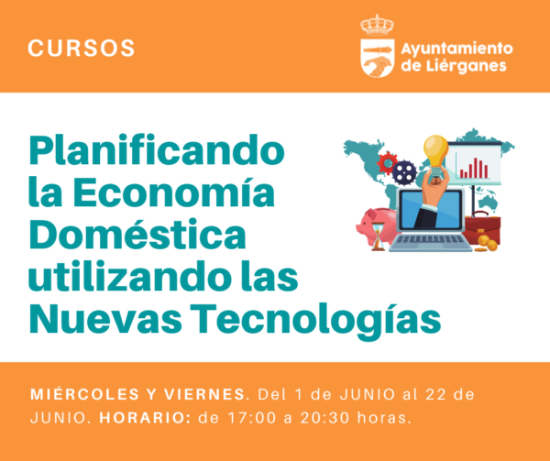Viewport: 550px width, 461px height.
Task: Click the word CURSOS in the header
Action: click(x=81, y=48)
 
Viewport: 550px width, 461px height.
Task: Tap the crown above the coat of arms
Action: click(x=377, y=26)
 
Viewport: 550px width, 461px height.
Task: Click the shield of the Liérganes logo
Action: click(x=378, y=58)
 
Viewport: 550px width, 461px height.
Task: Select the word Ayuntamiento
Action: click(x=456, y=49)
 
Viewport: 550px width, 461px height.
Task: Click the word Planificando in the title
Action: click(x=157, y=150)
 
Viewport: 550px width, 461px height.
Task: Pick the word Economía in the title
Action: click(x=173, y=192)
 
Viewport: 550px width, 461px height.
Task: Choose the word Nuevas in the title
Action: click(x=105, y=318)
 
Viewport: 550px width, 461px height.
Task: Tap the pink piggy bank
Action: click(x=375, y=225)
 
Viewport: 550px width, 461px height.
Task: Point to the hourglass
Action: click(x=378, y=237)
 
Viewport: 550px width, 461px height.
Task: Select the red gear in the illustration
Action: click(x=387, y=163)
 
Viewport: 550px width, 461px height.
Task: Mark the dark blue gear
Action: click(x=404, y=171)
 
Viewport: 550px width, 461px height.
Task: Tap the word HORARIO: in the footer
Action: click(x=145, y=418)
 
